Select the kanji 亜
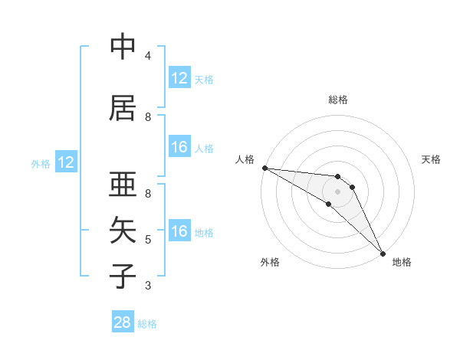tap(123, 185)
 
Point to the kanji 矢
tap(123, 230)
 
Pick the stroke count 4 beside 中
tap(148, 56)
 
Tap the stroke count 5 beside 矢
tap(148, 240)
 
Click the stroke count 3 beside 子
tap(148, 286)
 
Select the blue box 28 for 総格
tap(123, 323)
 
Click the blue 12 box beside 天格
tap(179, 78)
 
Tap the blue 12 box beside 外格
tap(66, 162)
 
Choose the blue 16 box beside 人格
tap(179, 147)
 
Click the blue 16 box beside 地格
tap(179, 231)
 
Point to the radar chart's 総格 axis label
tap(338, 100)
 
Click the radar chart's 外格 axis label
tap(270, 263)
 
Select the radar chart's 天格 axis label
tap(432, 159)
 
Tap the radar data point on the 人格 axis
tap(264, 168)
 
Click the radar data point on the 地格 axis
tap(383, 253)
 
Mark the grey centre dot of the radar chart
tap(338, 191)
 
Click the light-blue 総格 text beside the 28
tap(147, 324)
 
